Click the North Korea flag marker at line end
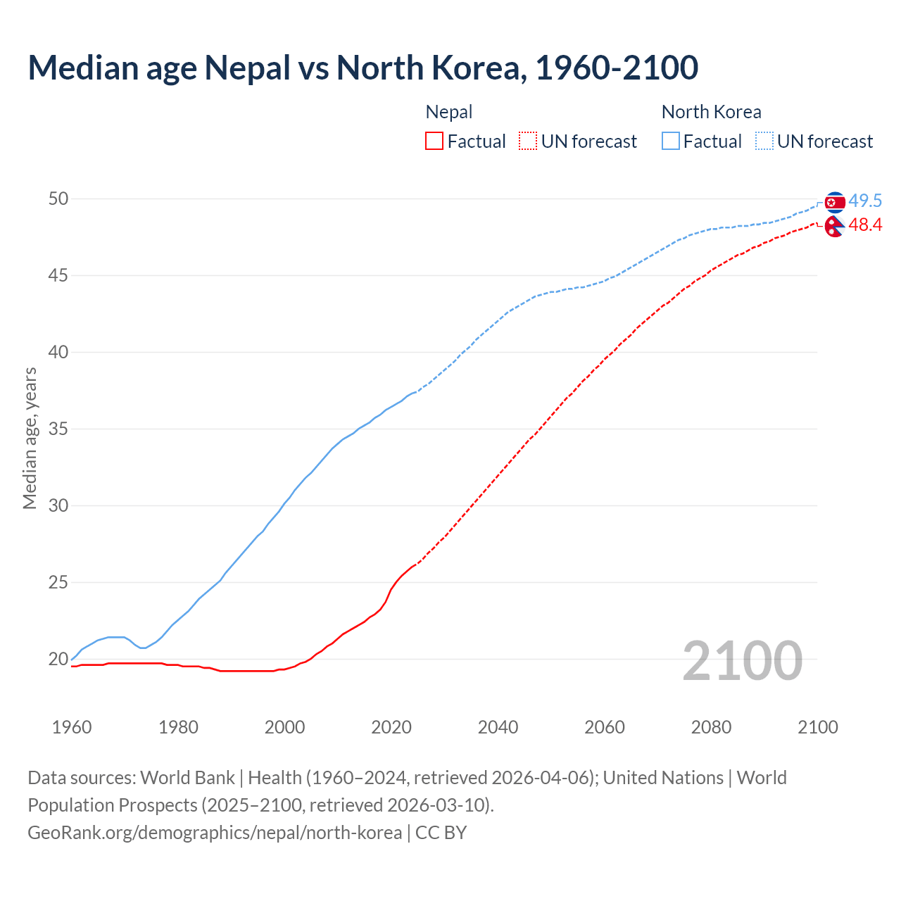[x=834, y=203]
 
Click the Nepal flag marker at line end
[x=834, y=227]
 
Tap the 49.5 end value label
[x=865, y=201]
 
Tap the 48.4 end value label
[x=865, y=225]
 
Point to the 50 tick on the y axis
[x=58, y=199]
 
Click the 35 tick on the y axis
[x=58, y=429]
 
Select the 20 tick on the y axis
[x=58, y=660]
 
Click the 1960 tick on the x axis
[x=72, y=727]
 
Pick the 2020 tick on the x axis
[x=391, y=727]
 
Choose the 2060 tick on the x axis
[x=605, y=727]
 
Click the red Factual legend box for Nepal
[x=434, y=141]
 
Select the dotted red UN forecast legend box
[x=528, y=141]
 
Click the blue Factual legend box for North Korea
[x=671, y=141]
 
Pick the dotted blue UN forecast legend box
[x=764, y=141]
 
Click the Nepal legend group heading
[x=449, y=112]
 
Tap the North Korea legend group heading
[x=711, y=112]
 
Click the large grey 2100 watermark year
[x=742, y=660]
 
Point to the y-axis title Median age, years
[x=30, y=438]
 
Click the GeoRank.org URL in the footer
[x=215, y=833]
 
